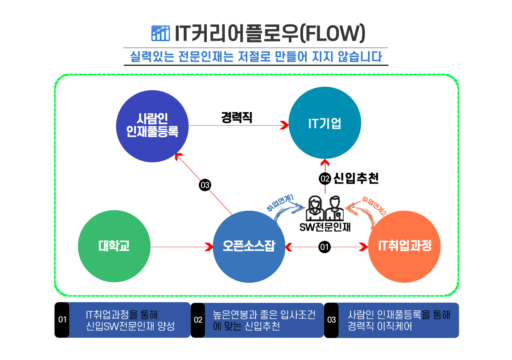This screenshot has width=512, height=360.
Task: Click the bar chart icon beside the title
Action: point(160,33)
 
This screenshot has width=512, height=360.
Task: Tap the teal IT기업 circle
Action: point(324,123)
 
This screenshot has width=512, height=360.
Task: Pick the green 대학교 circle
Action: point(114,246)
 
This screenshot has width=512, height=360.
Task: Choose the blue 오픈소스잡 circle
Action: point(249,246)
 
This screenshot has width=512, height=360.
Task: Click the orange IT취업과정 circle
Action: point(404,246)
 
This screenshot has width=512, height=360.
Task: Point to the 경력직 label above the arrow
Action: point(237,117)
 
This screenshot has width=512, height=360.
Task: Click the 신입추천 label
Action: point(356,178)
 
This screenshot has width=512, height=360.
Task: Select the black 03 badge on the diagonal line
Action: point(205,185)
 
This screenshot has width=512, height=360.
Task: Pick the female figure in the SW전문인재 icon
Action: point(314,209)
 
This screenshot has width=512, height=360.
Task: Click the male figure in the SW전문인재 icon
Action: point(334,209)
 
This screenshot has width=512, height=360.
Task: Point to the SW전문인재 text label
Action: point(325,227)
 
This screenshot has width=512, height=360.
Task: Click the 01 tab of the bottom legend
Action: point(62,320)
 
